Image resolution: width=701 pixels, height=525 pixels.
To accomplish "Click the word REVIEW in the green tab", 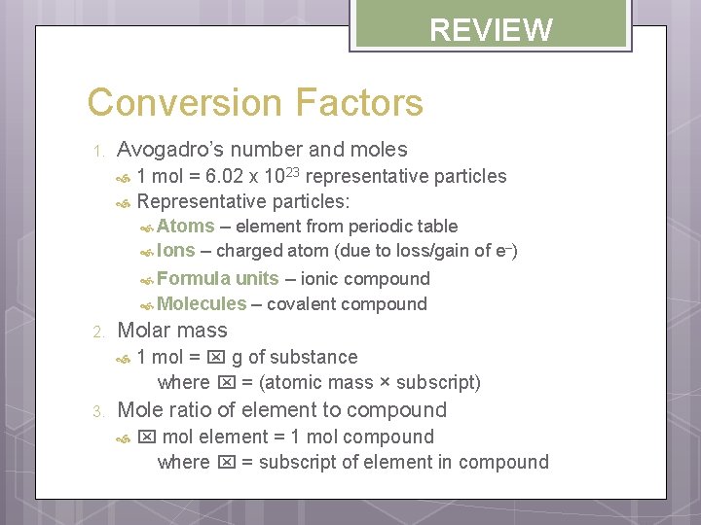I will click(x=491, y=30).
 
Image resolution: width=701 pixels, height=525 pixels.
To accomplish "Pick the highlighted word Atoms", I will click(x=185, y=227).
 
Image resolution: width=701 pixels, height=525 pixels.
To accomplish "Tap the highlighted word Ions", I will click(x=175, y=250).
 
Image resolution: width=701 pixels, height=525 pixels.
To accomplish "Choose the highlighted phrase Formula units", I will click(x=217, y=278).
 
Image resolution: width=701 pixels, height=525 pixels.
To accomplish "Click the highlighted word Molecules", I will click(x=201, y=303).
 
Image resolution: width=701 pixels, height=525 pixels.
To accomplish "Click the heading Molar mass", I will click(x=171, y=331).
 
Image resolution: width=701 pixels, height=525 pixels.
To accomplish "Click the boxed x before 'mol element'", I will click(x=147, y=437).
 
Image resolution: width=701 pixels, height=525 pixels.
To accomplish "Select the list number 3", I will click(x=97, y=411).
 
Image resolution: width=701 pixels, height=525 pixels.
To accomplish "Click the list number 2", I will click(x=97, y=332).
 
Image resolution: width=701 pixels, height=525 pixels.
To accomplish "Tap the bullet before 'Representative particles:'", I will click(x=123, y=203).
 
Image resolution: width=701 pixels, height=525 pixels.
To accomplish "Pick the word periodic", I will click(x=381, y=227).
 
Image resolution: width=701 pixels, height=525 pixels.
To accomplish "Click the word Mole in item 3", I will click(x=139, y=410).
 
